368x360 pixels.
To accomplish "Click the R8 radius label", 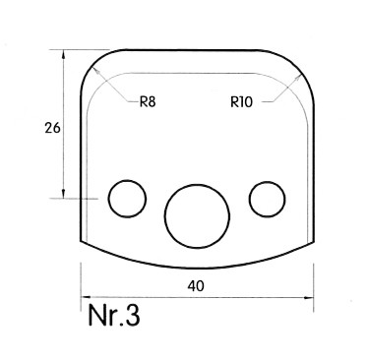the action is [148, 102].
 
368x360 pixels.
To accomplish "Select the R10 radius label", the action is [241, 102].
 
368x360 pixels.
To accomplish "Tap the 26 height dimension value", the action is [52, 128].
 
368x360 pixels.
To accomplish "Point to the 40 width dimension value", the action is [196, 286].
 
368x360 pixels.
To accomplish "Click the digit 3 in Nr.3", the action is [132, 315].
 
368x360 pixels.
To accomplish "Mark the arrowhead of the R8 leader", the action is [94, 69].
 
